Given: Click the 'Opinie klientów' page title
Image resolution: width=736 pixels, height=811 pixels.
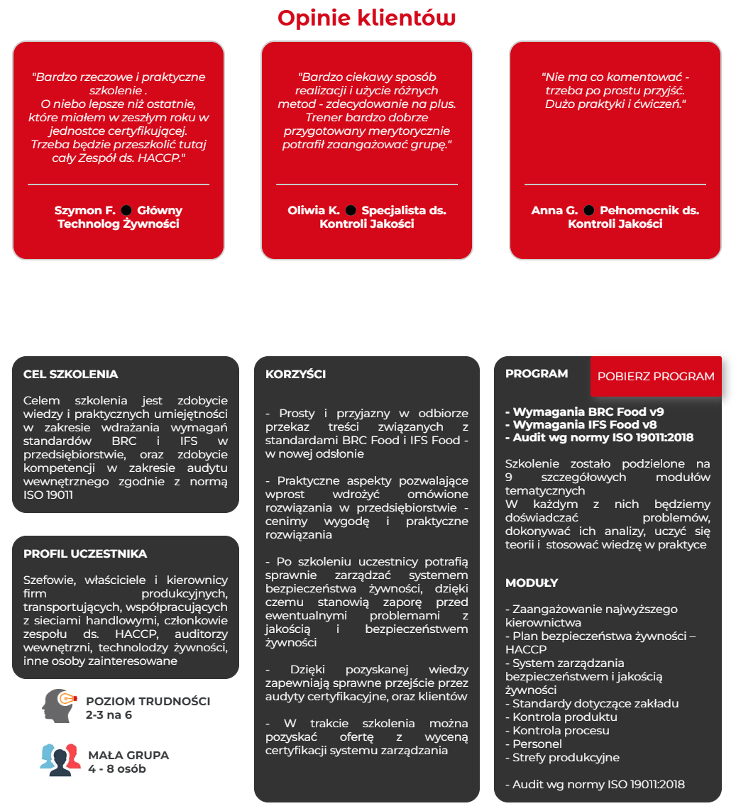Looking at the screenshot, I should [366, 18].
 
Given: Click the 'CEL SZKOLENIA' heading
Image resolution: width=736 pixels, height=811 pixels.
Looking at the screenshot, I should [70, 375].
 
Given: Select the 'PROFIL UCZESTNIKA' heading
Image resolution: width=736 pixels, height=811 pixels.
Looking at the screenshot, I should [85, 554].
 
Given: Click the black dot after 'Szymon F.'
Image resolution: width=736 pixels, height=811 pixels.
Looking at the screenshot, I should [126, 210].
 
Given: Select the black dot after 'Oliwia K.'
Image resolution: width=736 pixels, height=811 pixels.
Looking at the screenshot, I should [351, 210].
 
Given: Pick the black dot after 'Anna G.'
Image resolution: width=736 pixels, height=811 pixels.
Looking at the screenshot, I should [588, 210].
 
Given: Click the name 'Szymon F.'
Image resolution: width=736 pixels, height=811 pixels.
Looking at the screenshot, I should [84, 211].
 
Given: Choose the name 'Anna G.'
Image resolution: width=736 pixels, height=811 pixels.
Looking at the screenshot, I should [554, 211].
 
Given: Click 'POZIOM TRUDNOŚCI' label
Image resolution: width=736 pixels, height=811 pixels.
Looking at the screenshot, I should [148, 701].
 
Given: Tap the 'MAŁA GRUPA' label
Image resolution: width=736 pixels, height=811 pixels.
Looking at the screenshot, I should [128, 755].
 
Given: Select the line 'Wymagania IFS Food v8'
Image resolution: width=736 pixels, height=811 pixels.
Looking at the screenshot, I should [581, 424].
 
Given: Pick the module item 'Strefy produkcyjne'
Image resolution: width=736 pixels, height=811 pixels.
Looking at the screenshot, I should [562, 758].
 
